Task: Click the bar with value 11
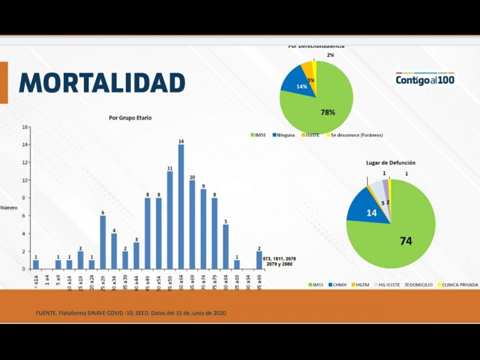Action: pyautogui.click(x=170, y=220)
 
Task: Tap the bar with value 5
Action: pyautogui.click(x=226, y=246)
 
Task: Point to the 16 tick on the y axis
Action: pyautogui.click(x=25, y=127)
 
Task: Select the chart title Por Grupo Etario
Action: pyautogui.click(x=130, y=118)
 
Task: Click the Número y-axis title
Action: pyautogui.click(x=9, y=207)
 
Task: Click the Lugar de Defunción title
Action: pyautogui.click(x=391, y=163)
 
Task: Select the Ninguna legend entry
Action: pyautogui.click(x=283, y=135)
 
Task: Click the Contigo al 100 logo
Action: pyautogui.click(x=425, y=80)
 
